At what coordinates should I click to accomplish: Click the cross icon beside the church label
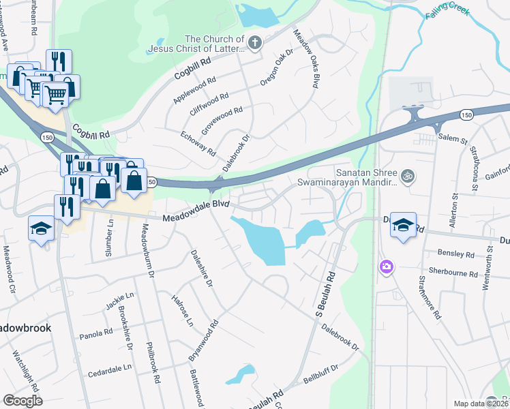[x=255, y=44]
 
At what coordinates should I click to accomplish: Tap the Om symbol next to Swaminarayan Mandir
[x=408, y=176]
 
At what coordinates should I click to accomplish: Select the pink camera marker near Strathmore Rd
[x=387, y=266]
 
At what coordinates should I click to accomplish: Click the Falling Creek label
[x=451, y=14]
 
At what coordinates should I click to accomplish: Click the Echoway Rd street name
[x=198, y=142]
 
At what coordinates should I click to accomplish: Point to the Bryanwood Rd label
[x=204, y=341]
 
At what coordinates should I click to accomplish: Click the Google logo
[x=22, y=401]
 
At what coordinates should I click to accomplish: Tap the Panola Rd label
[x=95, y=333]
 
